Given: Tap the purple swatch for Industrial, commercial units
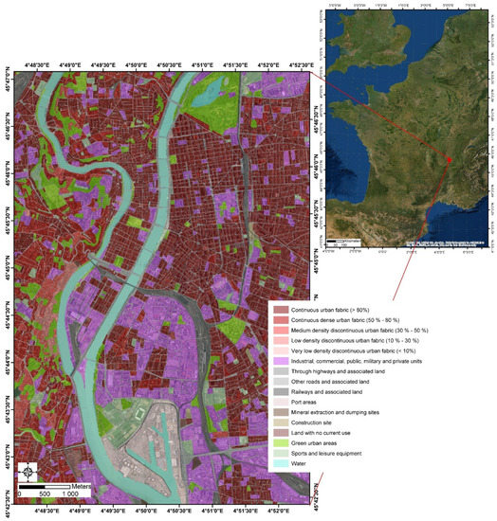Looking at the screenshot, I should [282, 359].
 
